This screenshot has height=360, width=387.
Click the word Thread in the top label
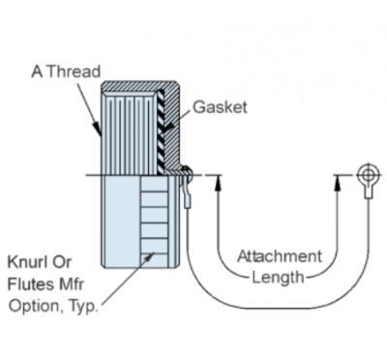(74, 72)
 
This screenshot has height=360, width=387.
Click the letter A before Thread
(37, 72)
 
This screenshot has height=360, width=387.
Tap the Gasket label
(220, 107)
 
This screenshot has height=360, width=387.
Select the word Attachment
(280, 256)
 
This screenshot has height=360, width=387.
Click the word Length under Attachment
(278, 278)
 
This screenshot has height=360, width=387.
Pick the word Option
(31, 306)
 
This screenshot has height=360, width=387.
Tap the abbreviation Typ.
(83, 306)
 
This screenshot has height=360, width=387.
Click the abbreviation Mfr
(72, 284)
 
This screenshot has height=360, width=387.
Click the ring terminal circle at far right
(368, 175)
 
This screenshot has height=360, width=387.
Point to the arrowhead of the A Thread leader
(98, 129)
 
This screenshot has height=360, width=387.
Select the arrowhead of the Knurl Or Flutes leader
(149, 257)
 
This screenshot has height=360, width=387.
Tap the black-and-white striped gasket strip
(161, 133)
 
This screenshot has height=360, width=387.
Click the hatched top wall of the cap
(139, 86)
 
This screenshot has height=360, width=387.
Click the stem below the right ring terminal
(368, 192)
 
